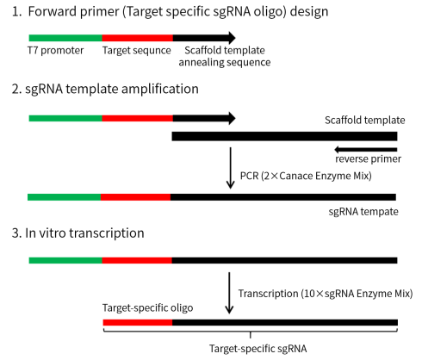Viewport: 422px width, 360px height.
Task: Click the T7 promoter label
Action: pyautogui.click(x=55, y=51)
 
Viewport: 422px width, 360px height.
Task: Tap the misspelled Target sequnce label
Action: pyautogui.click(x=137, y=51)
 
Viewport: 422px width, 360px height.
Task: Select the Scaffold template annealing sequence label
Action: pyautogui.click(x=225, y=56)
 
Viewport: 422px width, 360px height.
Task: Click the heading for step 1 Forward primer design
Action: pyautogui.click(x=171, y=12)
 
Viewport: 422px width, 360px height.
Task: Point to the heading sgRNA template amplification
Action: pyautogui.click(x=105, y=89)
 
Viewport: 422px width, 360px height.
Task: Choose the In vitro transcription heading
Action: pyautogui.click(x=78, y=233)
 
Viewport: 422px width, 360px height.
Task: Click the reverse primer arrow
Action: pyautogui.click(x=366, y=150)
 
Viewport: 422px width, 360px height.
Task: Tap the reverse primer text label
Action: pyautogui.click(x=369, y=159)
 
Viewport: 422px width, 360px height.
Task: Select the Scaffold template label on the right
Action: pyautogui.click(x=365, y=120)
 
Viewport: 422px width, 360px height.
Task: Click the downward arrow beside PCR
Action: pyautogui.click(x=230, y=168)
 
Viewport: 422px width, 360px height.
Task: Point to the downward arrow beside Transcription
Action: pyautogui.click(x=229, y=293)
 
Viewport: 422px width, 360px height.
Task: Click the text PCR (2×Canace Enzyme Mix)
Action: pyautogui.click(x=306, y=176)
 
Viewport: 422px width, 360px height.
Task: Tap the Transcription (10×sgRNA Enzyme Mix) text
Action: pyautogui.click(x=326, y=294)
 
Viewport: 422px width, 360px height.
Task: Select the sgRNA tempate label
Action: pyautogui.click(x=363, y=212)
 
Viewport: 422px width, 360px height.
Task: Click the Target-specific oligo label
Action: pyautogui.click(x=147, y=308)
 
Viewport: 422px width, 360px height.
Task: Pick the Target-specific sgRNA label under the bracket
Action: pyautogui.click(x=258, y=349)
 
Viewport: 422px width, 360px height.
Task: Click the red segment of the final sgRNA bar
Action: pyautogui.click(x=138, y=322)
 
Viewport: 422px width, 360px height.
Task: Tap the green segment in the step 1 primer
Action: pyautogui.click(x=65, y=38)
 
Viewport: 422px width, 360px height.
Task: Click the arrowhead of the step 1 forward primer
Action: pyautogui.click(x=232, y=38)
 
